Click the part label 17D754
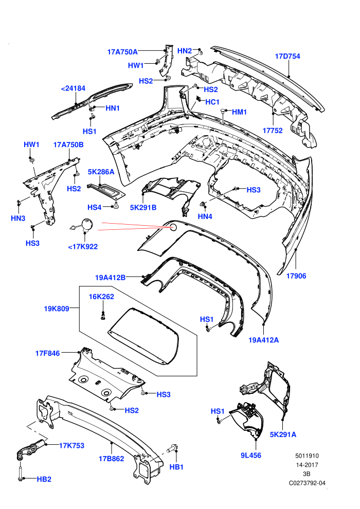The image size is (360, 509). click(287, 57)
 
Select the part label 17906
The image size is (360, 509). click(296, 276)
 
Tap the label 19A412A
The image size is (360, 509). click(264, 340)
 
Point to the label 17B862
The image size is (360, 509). click(112, 459)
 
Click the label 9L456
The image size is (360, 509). click(251, 456)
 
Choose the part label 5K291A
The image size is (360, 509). click(283, 434)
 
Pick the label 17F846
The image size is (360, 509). click(48, 353)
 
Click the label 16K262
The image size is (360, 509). click(102, 296)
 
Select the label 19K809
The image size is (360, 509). click(57, 308)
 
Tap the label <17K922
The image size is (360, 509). click(83, 247)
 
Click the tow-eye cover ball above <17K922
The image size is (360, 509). click(87, 224)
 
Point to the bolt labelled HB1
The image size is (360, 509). click(172, 449)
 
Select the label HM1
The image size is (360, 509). click(239, 112)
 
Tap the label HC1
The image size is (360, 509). click(212, 102)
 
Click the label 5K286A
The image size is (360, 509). click(101, 172)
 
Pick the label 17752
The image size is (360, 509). click(273, 131)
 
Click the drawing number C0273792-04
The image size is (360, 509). click(307, 483)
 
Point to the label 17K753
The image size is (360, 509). click(71, 446)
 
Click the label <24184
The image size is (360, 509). click(74, 88)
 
